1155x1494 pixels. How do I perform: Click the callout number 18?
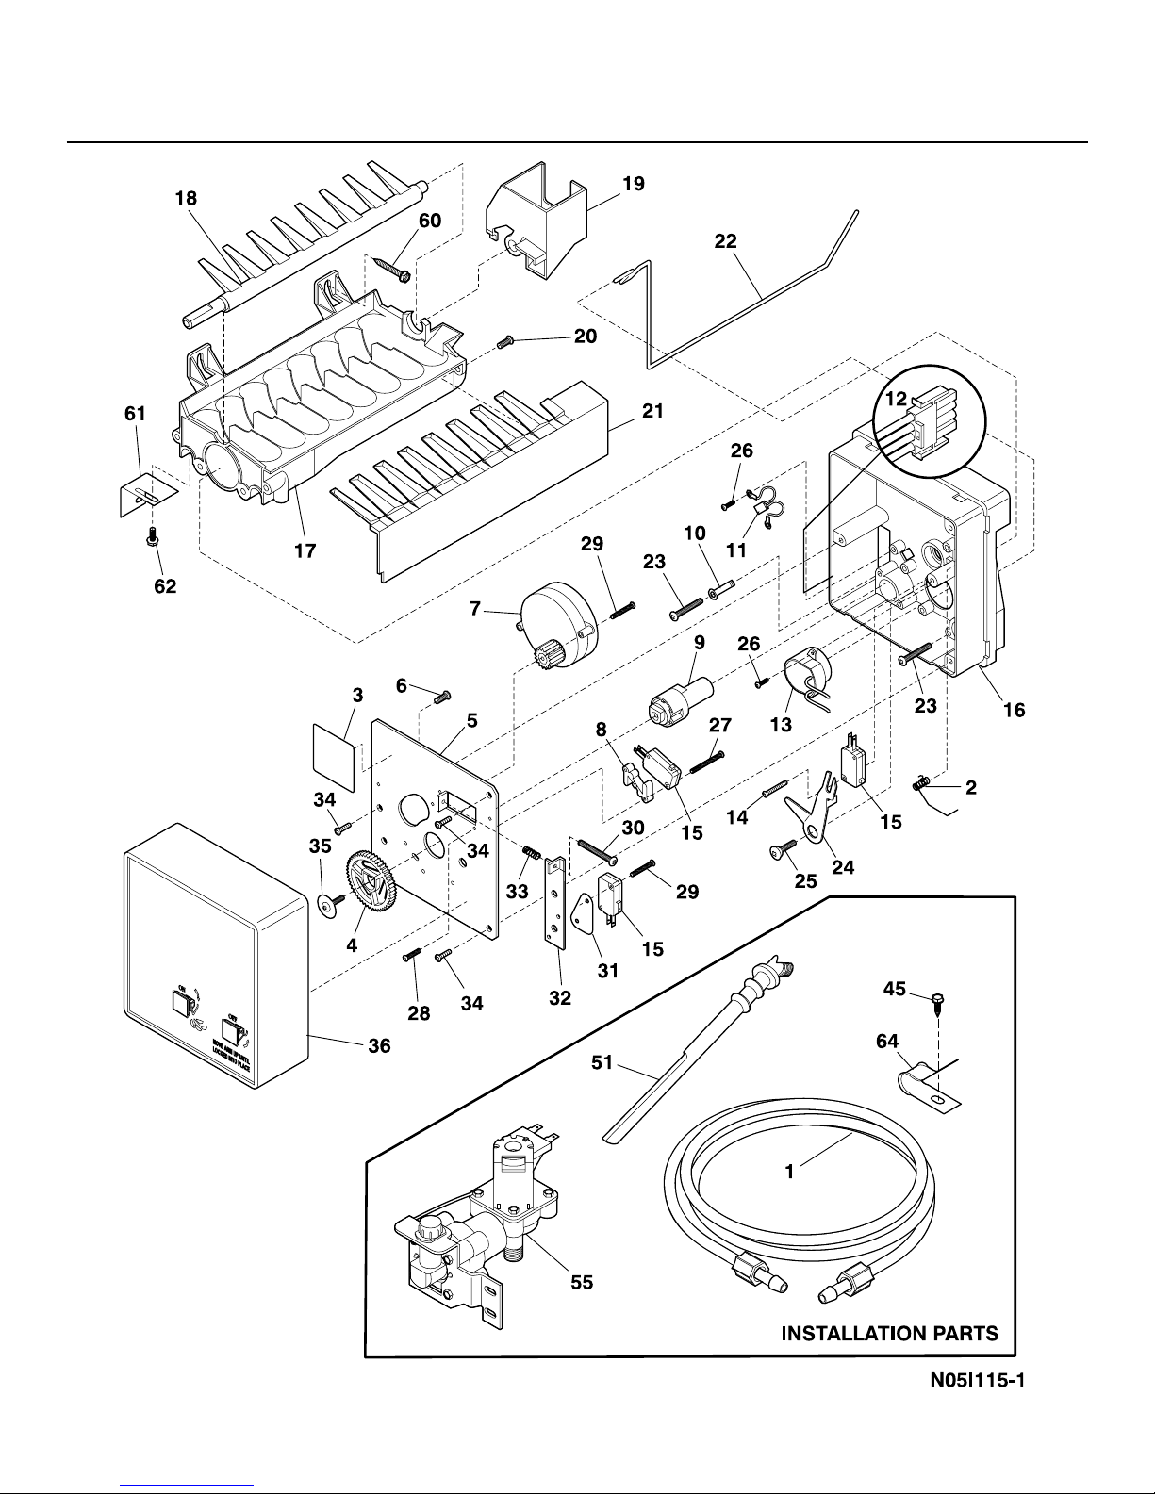coord(186,199)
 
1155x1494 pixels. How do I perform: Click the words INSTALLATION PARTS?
coord(889,1333)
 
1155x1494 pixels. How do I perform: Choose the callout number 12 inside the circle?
coord(893,401)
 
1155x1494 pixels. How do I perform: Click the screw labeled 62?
coord(150,539)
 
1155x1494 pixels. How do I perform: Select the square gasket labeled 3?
coord(334,759)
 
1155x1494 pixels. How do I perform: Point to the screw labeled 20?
coord(504,339)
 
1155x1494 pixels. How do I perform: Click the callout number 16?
coord(1014,710)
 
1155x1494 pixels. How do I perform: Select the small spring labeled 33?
coord(532,853)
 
